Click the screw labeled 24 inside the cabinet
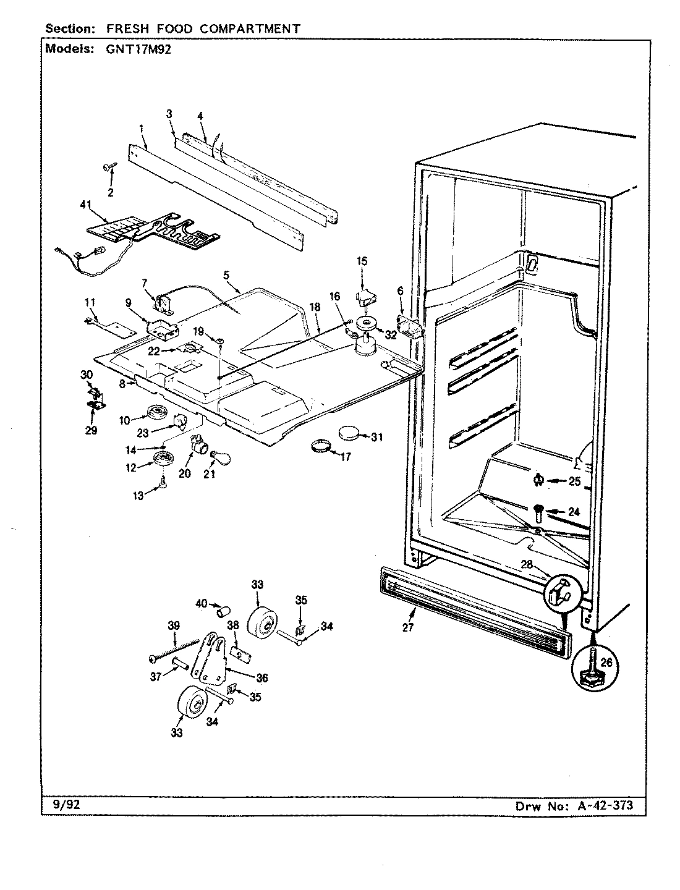538,511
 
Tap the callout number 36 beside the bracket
262,677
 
